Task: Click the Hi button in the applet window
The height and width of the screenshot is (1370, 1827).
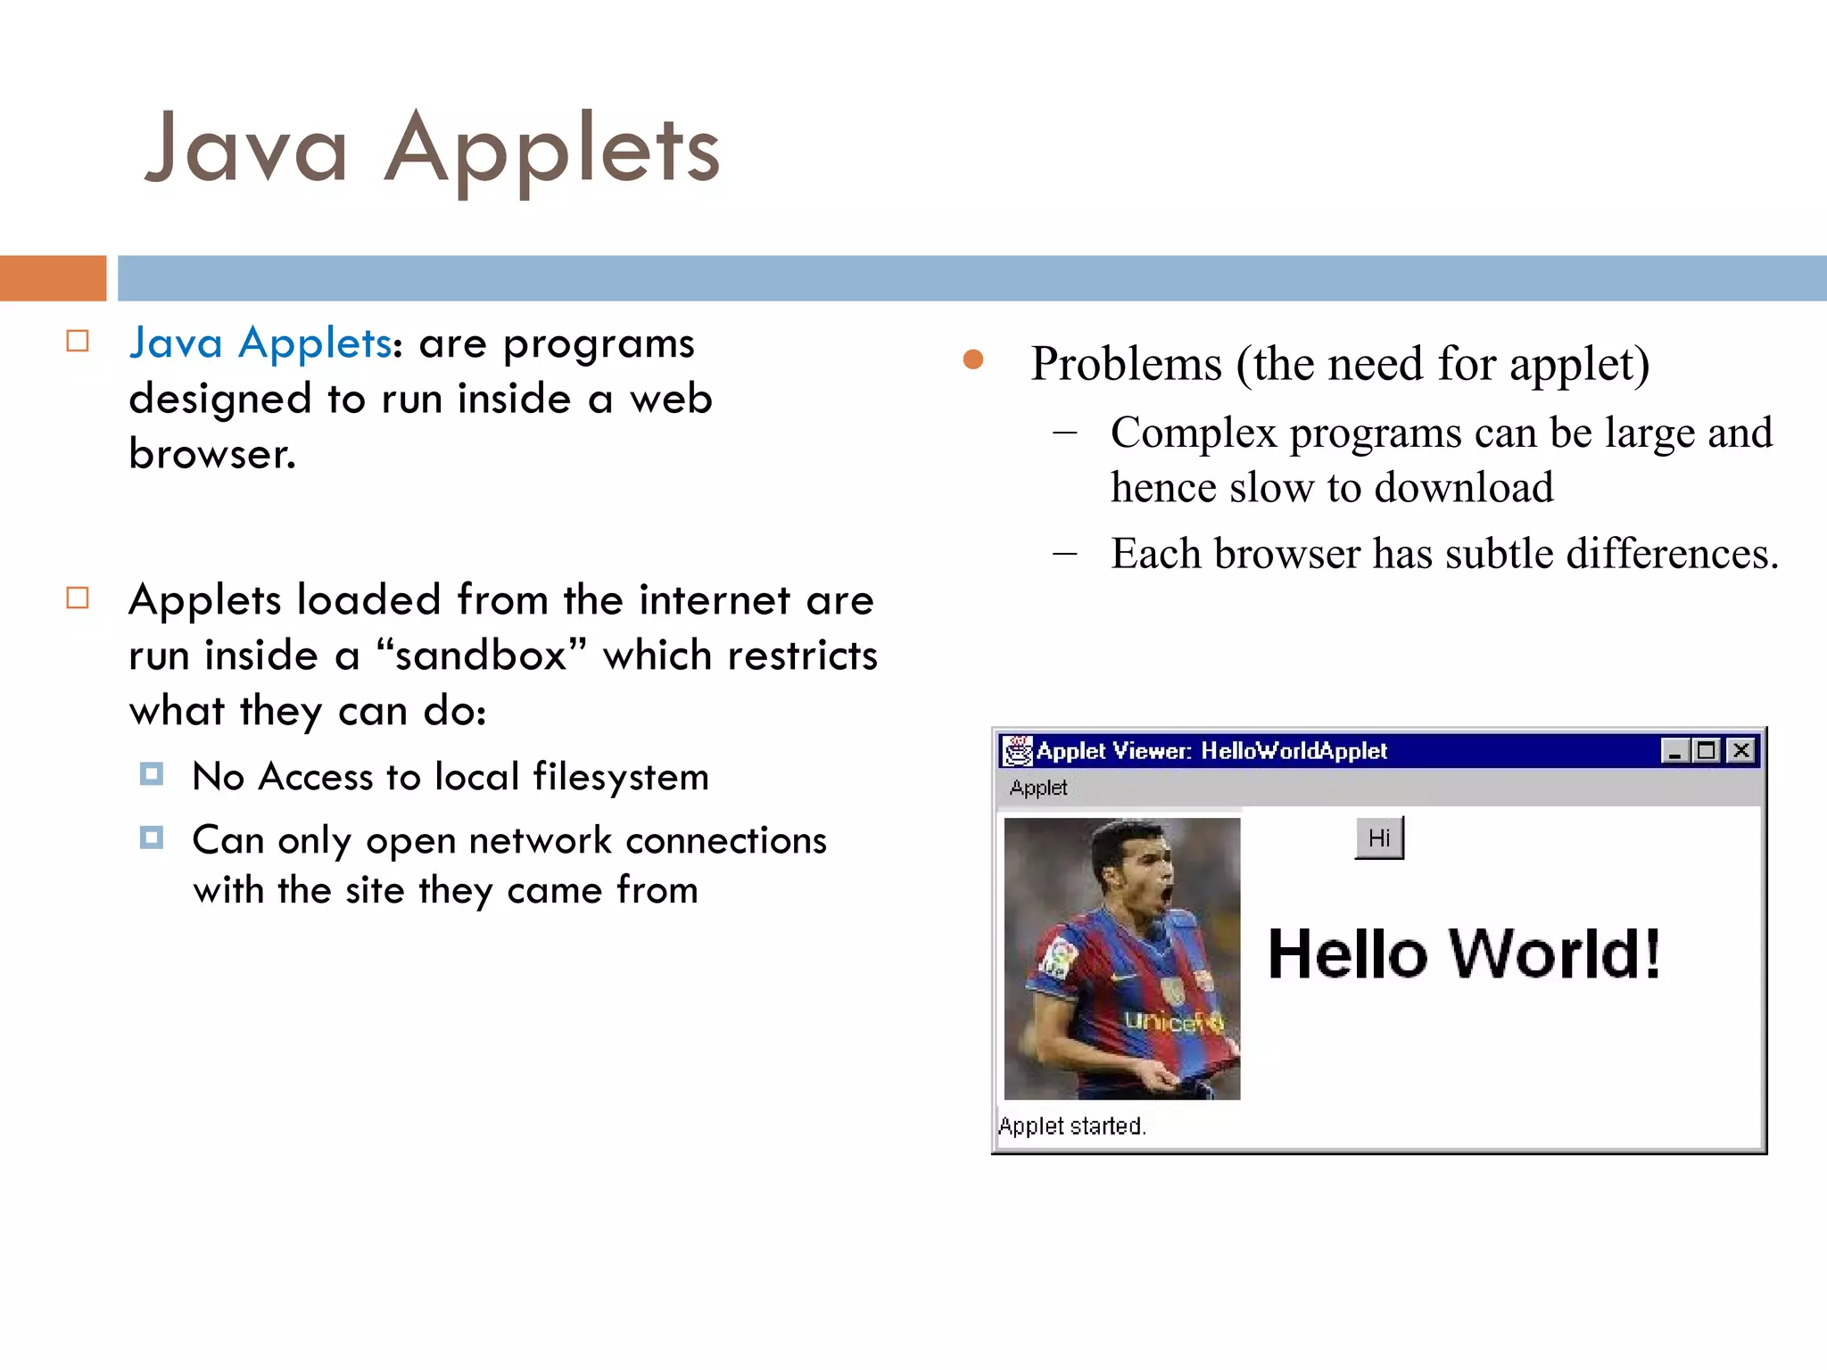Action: (1378, 838)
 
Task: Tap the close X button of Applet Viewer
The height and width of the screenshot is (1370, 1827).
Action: (1740, 751)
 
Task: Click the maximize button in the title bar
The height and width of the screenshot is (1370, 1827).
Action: (1707, 751)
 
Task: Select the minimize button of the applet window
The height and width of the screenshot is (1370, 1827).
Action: (1674, 751)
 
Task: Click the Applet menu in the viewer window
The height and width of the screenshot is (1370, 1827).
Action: (1038, 788)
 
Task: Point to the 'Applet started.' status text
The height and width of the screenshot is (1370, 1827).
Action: (1071, 1126)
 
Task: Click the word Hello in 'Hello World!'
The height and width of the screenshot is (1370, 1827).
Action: (1347, 954)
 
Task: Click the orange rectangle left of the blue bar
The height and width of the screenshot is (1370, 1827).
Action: (53, 278)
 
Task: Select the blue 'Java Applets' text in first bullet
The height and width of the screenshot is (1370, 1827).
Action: (260, 343)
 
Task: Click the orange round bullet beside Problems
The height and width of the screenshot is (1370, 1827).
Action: (973, 359)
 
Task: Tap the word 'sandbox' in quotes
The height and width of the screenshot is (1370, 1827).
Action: (481, 656)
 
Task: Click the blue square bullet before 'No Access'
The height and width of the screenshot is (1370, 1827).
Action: (152, 773)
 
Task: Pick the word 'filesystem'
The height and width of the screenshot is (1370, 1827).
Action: (621, 777)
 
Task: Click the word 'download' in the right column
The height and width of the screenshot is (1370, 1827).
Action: (1463, 487)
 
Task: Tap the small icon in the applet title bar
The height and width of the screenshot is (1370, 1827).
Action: (1017, 751)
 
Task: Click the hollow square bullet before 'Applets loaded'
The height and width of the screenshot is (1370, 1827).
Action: (78, 598)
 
